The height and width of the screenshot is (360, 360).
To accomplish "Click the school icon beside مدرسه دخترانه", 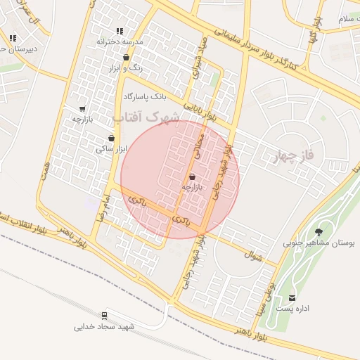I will tap(120, 31).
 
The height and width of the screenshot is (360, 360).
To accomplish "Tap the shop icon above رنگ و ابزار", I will tap(126, 58).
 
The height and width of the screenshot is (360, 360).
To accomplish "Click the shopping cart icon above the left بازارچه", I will tap(82, 109).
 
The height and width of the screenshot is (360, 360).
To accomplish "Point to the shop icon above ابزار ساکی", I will tap(111, 138).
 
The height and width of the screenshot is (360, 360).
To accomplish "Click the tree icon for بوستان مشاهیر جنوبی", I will tap(319, 231).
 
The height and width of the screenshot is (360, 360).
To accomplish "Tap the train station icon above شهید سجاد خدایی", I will tap(105, 316).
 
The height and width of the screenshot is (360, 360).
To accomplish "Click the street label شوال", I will tap(254, 257).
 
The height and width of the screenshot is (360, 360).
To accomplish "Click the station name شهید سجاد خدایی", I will tap(104, 327).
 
